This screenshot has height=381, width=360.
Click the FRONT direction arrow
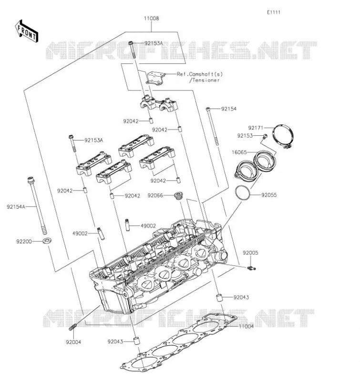[27, 31]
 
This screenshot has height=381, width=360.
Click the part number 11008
[151, 19]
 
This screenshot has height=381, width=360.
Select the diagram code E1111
[274, 12]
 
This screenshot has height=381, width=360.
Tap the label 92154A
[16, 207]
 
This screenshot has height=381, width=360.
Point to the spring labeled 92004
[73, 327]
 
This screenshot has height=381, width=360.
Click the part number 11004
[246, 326]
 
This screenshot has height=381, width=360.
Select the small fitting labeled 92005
[251, 268]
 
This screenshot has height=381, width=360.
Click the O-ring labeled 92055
[243, 193]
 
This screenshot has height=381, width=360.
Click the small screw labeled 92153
[265, 136]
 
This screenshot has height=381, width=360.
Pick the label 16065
[239, 152]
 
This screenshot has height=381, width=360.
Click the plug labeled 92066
[179, 196]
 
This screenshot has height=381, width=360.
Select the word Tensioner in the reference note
[206, 80]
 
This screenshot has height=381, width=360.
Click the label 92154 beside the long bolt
[229, 109]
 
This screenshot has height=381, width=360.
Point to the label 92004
[73, 342]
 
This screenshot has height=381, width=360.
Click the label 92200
[24, 241]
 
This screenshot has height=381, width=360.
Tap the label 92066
[155, 196]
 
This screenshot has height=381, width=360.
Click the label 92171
[256, 128]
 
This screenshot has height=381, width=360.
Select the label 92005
[250, 253]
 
